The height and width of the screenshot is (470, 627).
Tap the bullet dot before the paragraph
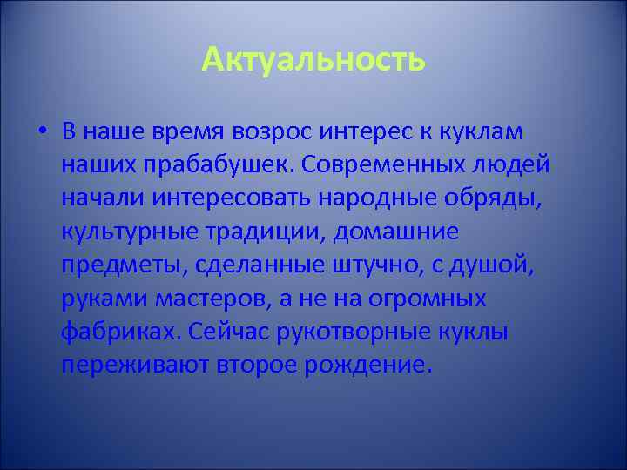click(42, 132)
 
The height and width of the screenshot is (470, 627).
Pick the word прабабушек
click(199, 165)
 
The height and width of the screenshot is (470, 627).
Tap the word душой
click(500, 265)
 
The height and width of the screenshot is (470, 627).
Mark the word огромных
click(433, 299)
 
